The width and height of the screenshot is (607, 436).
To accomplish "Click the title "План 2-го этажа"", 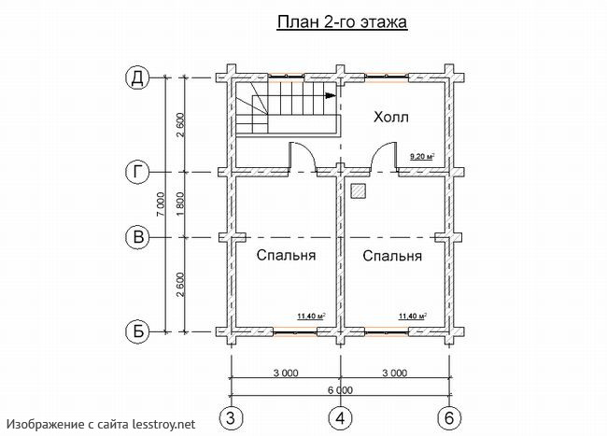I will click(x=341, y=23).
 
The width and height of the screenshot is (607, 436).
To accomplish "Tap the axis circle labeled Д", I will click(x=138, y=78).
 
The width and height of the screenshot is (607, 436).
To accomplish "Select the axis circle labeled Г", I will click(x=138, y=171).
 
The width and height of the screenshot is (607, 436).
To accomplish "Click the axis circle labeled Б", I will click(x=138, y=331).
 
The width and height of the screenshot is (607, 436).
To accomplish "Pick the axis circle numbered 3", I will click(x=232, y=416).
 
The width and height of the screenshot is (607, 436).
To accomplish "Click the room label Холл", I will click(x=391, y=118).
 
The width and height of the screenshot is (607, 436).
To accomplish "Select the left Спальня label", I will click(x=285, y=255).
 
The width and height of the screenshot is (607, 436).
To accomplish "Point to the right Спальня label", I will click(x=392, y=255).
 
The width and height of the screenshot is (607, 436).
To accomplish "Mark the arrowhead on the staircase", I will click(x=330, y=93).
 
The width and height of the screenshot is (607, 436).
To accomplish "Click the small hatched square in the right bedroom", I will click(x=359, y=190).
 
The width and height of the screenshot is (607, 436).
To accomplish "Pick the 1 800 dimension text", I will click(x=179, y=204).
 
